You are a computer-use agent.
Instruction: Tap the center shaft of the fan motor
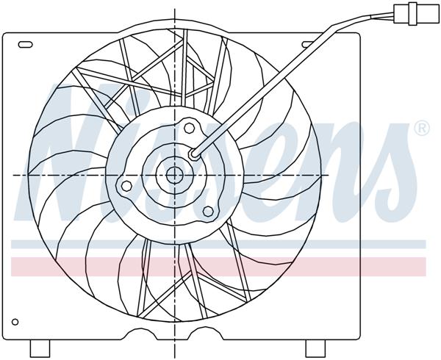tap(175, 175)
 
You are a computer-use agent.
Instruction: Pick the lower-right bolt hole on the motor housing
tap(207, 212)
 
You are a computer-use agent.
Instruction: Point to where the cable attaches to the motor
tap(194, 154)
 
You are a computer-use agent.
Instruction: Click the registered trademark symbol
tap(422, 129)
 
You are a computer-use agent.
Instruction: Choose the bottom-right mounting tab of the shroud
tap(315, 348)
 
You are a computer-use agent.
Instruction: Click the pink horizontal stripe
tap(220, 265)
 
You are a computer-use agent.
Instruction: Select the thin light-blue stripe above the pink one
tap(220, 245)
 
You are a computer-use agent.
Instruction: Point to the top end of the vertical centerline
tap(175, 9)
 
